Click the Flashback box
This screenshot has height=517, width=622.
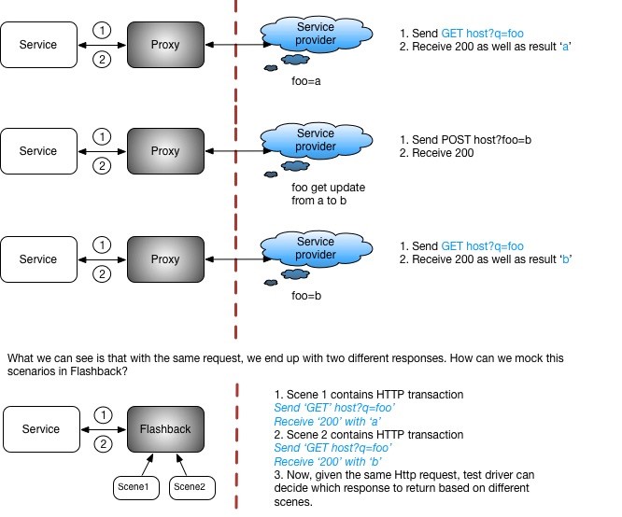[x=165, y=429]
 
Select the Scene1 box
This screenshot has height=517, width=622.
[x=132, y=485]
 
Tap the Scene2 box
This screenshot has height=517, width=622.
[x=191, y=485]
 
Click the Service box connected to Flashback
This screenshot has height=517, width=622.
[x=38, y=429]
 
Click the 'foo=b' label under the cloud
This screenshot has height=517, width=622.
[x=307, y=296]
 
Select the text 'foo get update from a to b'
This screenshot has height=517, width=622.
[x=328, y=194]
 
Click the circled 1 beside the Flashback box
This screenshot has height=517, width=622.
[x=102, y=414]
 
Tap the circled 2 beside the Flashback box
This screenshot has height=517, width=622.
[x=102, y=445]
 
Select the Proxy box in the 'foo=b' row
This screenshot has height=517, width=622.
[x=165, y=258]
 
